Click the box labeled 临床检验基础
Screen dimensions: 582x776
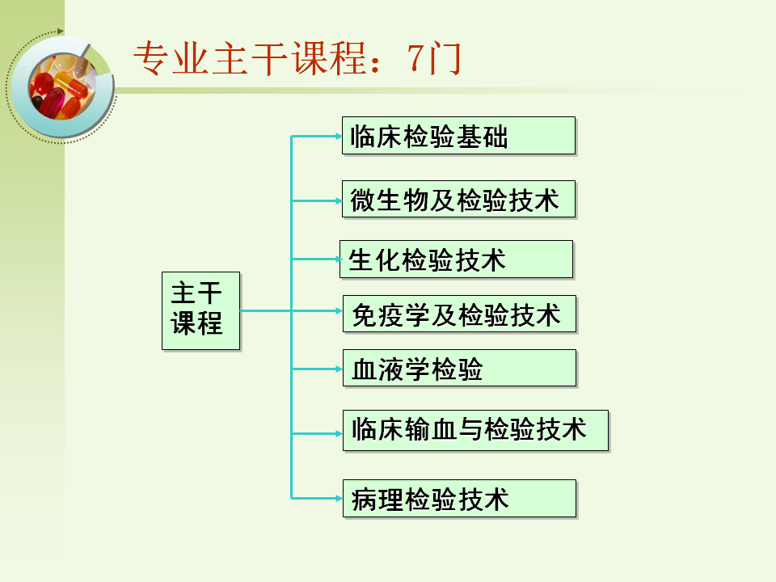[458, 136]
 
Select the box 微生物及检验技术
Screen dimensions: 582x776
[458, 199]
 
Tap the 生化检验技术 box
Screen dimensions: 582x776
[456, 259]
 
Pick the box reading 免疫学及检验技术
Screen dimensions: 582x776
[458, 314]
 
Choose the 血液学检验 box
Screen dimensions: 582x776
[458, 369]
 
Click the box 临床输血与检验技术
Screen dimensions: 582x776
[475, 430]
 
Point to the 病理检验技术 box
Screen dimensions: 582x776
[458, 499]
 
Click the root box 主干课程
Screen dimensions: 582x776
[200, 310]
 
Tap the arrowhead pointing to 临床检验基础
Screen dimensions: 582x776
[337, 136]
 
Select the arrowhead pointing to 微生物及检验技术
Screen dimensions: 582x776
[337, 200]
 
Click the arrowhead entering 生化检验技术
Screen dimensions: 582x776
[336, 259]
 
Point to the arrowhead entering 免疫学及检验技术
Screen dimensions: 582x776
[337, 310]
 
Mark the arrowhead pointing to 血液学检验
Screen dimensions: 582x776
[337, 369]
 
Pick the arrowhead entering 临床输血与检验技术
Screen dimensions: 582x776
[337, 433]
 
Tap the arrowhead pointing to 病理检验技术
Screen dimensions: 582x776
[337, 498]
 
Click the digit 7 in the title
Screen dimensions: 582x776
[417, 59]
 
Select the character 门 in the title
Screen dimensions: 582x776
[445, 59]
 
